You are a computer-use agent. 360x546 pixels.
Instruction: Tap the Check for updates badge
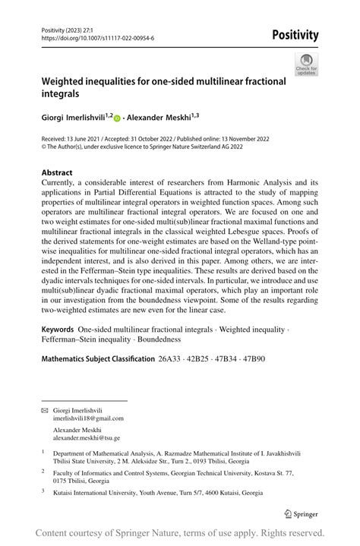click(308, 65)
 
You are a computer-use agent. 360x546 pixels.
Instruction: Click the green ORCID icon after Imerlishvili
click(117, 118)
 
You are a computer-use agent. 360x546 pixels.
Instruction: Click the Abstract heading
click(57, 172)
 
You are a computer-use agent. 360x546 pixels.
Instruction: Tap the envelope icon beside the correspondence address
click(43, 410)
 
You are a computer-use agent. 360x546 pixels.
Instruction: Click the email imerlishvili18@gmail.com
click(88, 418)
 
